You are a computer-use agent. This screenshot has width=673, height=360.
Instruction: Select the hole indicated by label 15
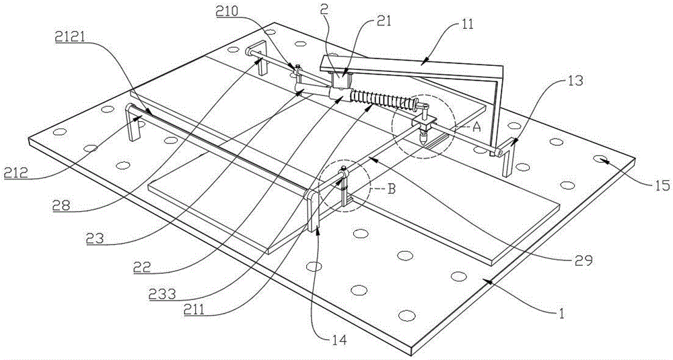point(599,158)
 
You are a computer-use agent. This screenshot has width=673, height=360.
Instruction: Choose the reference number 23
point(104,238)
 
